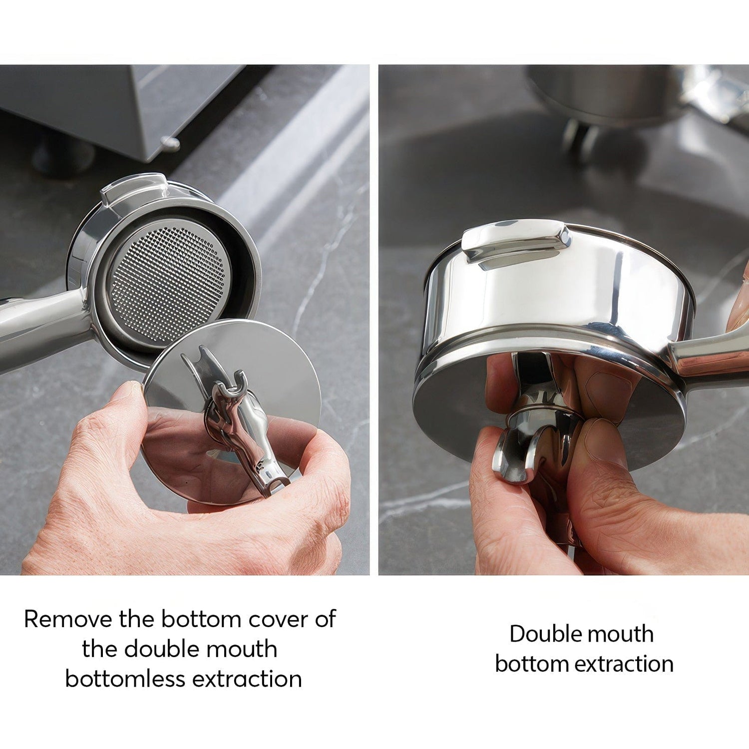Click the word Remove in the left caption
(x=68, y=619)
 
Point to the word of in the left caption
(x=326, y=619)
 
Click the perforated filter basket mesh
(x=170, y=285)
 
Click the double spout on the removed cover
(x=240, y=424)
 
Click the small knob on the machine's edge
(x=170, y=143)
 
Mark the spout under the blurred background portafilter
(x=579, y=137)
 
